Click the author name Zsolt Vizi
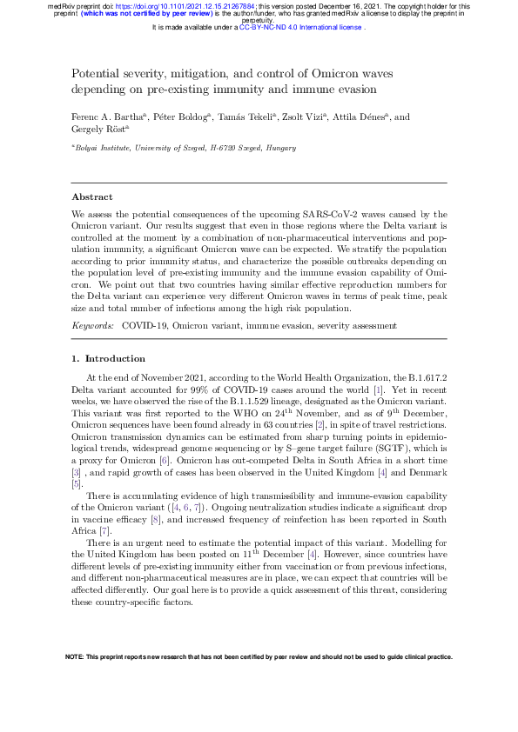[x=306, y=116]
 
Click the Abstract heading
[x=91, y=197]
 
